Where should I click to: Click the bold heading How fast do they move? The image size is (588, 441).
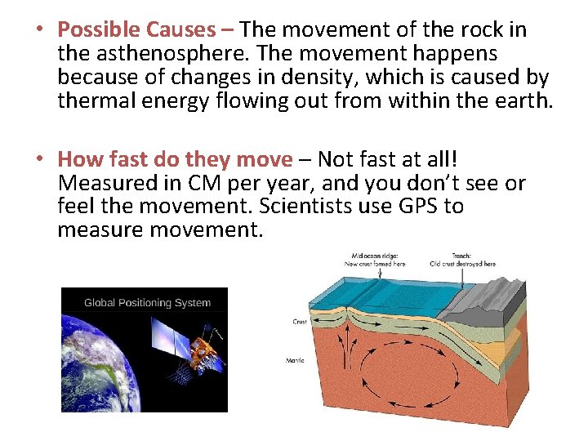click(x=175, y=158)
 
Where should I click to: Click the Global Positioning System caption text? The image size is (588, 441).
click(x=147, y=303)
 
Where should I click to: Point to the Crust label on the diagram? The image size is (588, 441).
click(x=300, y=322)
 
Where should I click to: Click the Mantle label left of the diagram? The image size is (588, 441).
click(x=296, y=360)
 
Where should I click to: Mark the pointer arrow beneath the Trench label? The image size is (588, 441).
click(x=464, y=278)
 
